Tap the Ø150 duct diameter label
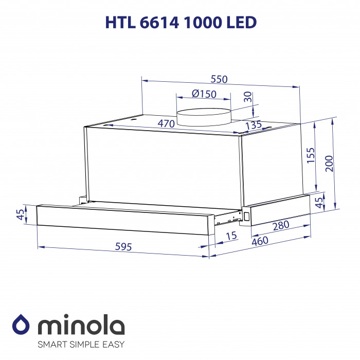204,94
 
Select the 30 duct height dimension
248,96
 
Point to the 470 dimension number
166,123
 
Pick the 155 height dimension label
310,155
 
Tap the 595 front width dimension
122,247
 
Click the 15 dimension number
232,236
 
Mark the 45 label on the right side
319,202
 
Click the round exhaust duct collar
203,117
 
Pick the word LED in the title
240,23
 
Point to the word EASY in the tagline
112,344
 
